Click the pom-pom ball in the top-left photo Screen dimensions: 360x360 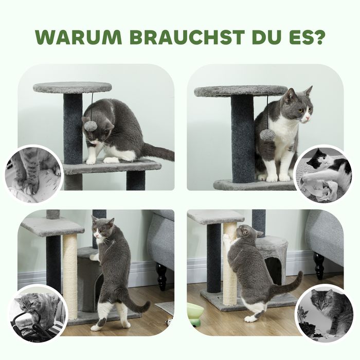pos(91,125)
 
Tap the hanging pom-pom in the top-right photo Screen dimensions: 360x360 pos(266,135)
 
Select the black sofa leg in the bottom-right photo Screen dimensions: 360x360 pos(319,265)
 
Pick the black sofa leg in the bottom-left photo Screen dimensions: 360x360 pos(161,276)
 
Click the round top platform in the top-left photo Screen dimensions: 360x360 pos(73,87)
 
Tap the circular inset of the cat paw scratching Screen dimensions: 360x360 pos(34,174)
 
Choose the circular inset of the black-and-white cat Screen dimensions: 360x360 pos(324,174)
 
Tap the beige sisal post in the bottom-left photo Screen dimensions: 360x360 pos(70,276)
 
